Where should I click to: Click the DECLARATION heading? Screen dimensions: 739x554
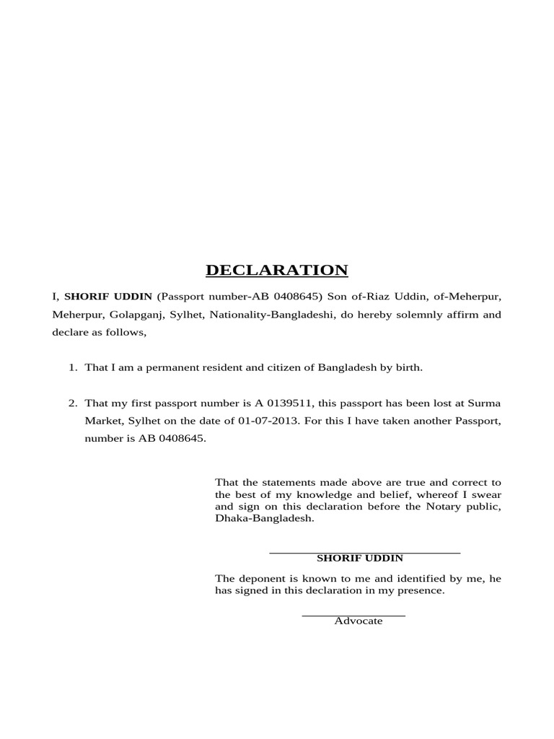point(276,271)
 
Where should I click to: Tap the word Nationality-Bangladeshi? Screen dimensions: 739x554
point(272,315)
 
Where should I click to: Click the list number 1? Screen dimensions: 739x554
point(72,368)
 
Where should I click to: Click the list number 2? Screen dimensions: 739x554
point(72,403)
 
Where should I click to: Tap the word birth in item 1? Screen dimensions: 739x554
point(408,368)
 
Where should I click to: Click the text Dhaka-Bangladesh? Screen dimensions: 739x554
point(265,519)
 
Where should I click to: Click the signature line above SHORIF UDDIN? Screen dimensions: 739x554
point(364,553)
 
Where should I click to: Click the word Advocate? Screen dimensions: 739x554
point(359,621)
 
